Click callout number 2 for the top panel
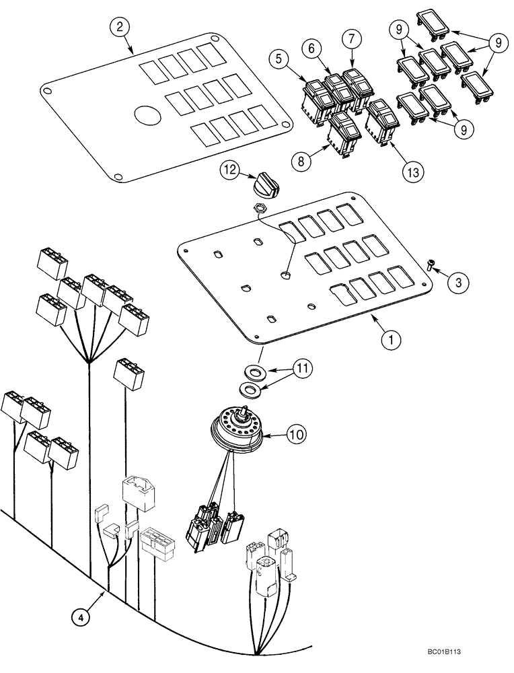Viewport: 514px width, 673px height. click(x=119, y=28)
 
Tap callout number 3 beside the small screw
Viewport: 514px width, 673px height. click(x=457, y=283)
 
